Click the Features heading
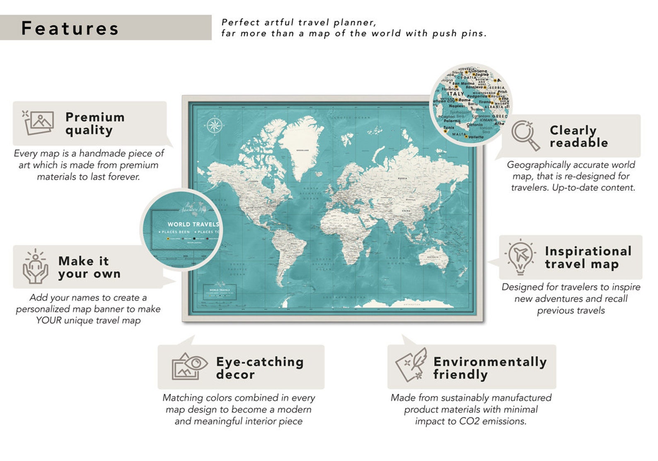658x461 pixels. point(70,28)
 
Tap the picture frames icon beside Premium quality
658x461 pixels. point(39,122)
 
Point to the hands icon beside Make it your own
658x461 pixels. point(35,266)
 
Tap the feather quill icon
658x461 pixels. point(412,365)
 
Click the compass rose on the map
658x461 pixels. point(215,125)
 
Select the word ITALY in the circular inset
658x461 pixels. point(455,94)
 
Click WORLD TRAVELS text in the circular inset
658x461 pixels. point(193,224)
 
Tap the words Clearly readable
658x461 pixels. point(578,136)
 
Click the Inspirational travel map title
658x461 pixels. point(588,257)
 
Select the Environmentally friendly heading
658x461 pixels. point(489,368)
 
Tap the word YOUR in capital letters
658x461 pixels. point(48,320)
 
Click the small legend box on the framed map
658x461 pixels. point(220,292)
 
